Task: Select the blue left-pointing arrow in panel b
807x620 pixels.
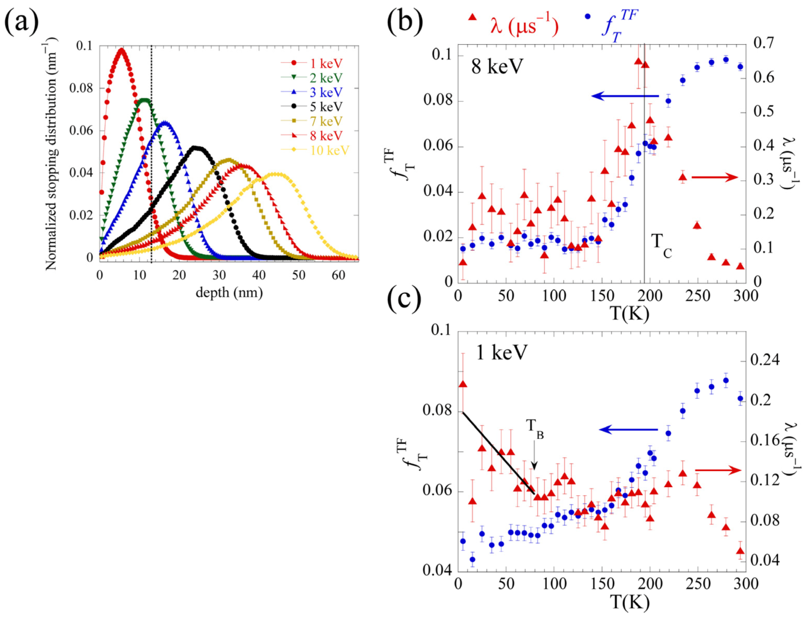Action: tap(625, 96)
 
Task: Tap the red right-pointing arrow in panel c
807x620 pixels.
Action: tap(718, 470)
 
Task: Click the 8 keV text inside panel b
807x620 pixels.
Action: tap(497, 67)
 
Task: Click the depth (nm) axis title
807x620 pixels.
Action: tap(229, 293)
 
